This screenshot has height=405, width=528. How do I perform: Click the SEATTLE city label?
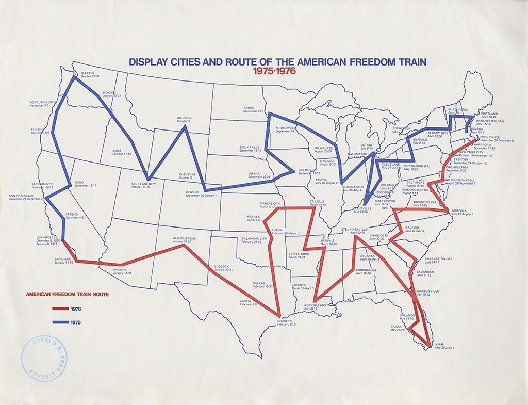click(88, 73)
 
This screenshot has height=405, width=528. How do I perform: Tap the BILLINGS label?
click(184, 118)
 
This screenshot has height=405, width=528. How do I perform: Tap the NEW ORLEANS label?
click(315, 305)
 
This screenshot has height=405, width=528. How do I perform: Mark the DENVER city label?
click(192, 192)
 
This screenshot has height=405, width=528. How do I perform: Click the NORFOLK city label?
click(458, 210)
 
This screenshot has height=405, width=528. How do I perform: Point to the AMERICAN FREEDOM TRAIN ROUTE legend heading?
click(67, 295)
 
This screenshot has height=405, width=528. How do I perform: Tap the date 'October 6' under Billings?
click(184, 122)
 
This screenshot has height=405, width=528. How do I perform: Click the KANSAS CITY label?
click(271, 204)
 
